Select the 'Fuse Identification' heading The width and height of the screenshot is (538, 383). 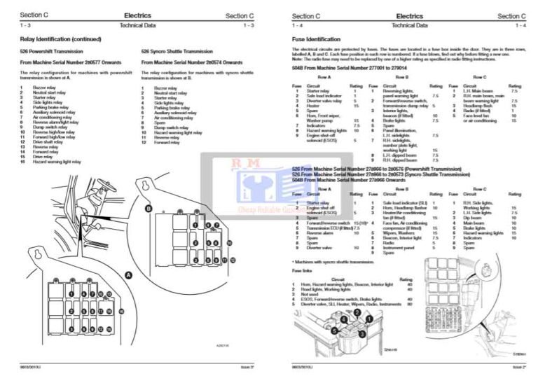pos(316,39)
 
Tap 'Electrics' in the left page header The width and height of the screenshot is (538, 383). pos(137,15)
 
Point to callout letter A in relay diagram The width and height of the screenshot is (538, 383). pos(128,276)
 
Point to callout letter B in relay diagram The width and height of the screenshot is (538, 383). pos(148,209)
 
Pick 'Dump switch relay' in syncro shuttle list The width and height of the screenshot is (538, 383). pos(167,127)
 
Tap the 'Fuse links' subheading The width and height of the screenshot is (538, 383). pos(302,270)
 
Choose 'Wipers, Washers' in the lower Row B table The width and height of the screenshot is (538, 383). pos(396,232)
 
